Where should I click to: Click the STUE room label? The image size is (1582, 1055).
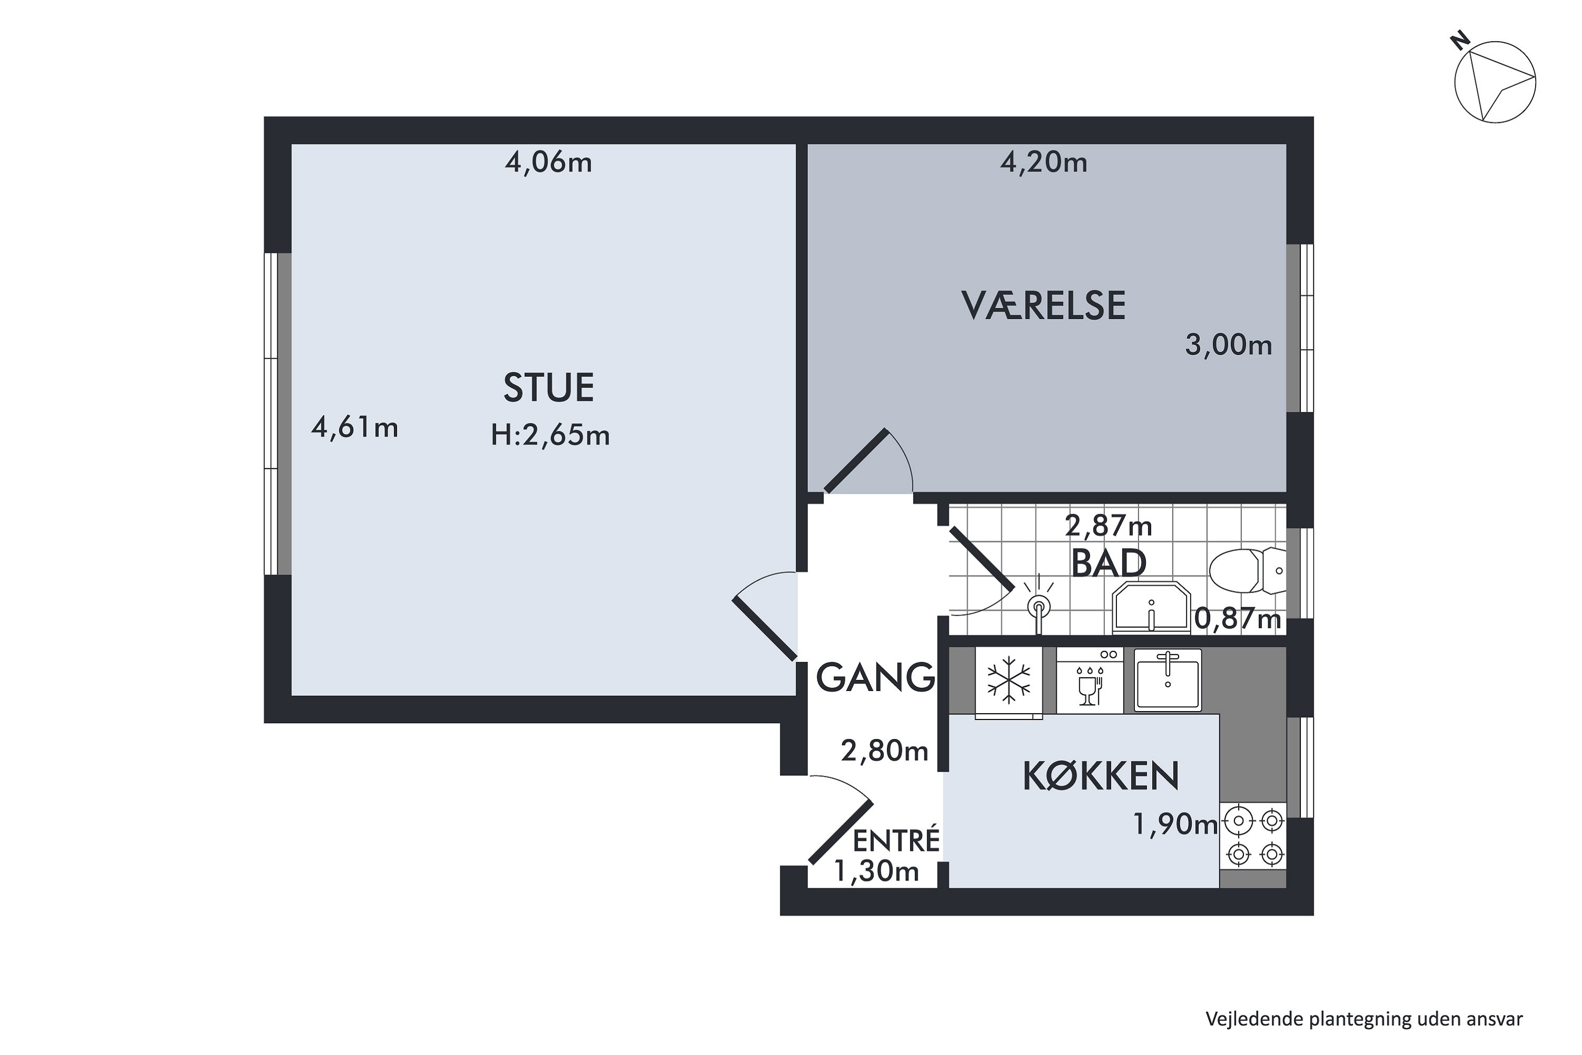pyautogui.click(x=549, y=388)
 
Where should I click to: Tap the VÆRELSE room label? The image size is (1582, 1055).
pyautogui.click(x=1044, y=305)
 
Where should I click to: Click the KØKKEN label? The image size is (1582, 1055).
pyautogui.click(x=1101, y=776)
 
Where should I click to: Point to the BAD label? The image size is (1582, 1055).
pyautogui.click(x=1108, y=563)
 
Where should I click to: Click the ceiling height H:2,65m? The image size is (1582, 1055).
pyautogui.click(x=550, y=435)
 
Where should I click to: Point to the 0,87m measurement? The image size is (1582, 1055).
pyautogui.click(x=1238, y=618)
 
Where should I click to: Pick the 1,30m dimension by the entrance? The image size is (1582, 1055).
pyautogui.click(x=876, y=871)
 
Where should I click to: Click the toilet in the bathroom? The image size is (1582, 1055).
pyautogui.click(x=1248, y=571)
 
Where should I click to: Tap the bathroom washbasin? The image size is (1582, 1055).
pyautogui.click(x=1152, y=608)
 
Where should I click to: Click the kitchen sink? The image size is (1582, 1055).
pyautogui.click(x=1168, y=679)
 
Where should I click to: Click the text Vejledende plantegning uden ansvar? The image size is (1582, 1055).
pyautogui.click(x=1364, y=1019)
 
